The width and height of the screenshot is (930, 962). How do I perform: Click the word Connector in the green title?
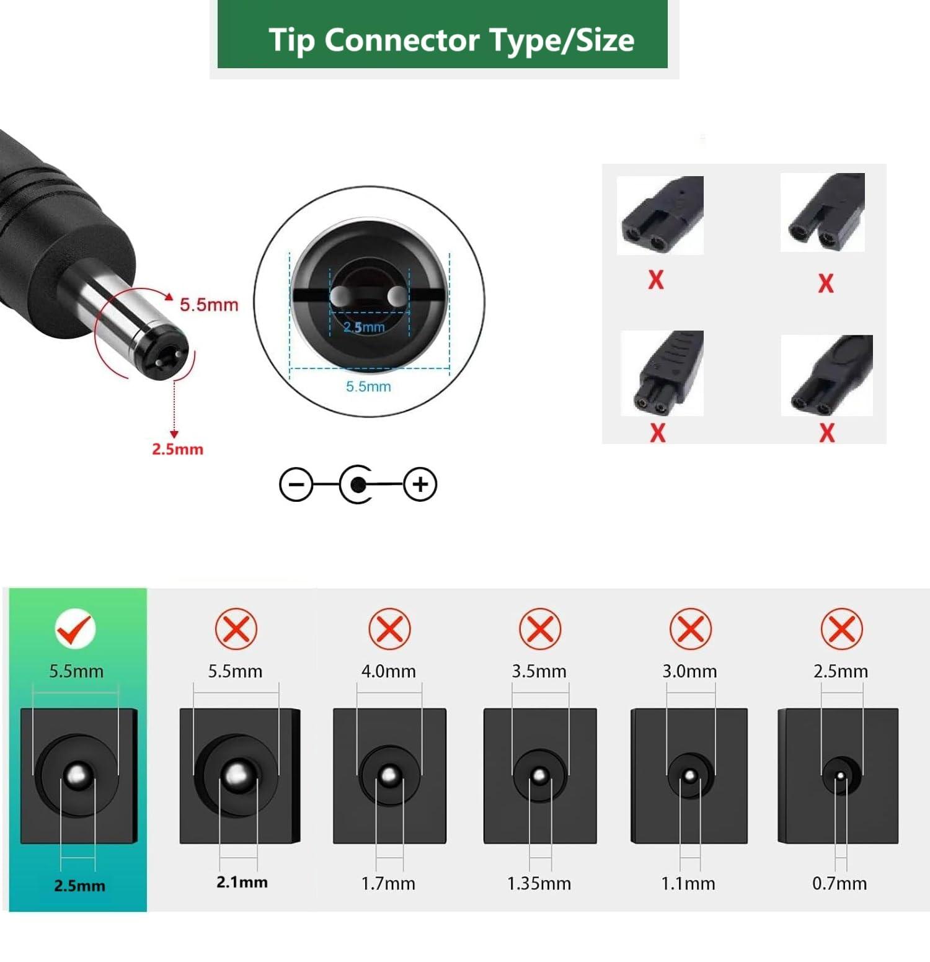pos(402,40)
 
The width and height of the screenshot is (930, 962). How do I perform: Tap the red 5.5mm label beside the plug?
pos(209,305)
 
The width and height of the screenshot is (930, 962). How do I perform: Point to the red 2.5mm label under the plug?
pos(177,449)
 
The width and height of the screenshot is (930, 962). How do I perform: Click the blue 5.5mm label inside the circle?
pos(368,386)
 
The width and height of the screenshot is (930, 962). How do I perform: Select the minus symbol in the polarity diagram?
pos(296,484)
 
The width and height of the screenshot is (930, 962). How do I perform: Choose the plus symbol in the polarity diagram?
pos(420,484)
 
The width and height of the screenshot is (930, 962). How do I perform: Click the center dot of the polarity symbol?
pos(358,484)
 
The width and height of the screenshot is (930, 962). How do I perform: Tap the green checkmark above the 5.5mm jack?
pos(75,629)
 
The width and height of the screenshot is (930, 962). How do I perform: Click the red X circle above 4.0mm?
pos(389,629)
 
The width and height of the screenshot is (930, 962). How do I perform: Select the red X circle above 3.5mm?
pos(540,629)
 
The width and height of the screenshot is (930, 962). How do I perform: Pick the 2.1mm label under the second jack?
pos(242,882)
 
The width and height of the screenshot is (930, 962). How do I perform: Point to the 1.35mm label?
pos(539,883)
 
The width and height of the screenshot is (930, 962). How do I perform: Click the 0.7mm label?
pos(839,883)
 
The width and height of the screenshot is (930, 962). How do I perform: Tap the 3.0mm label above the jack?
pos(689,671)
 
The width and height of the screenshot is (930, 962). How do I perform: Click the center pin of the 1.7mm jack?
pos(389,775)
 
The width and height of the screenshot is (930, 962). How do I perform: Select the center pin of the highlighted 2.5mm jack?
pos(77,775)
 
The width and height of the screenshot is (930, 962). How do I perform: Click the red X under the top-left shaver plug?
pos(655,280)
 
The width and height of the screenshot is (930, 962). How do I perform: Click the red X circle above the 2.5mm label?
pos(841,629)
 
